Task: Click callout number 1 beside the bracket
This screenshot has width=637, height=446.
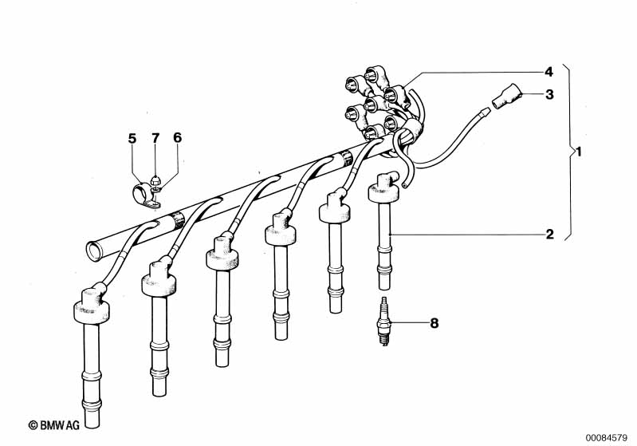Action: point(580,152)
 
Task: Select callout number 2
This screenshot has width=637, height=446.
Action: point(549,235)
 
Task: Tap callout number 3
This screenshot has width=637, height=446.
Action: point(549,95)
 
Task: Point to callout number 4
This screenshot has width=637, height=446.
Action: point(549,72)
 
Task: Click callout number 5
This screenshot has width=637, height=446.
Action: point(132,138)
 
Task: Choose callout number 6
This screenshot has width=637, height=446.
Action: point(178,138)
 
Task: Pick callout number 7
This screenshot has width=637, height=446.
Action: point(155,138)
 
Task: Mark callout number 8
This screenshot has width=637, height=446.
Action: point(434,323)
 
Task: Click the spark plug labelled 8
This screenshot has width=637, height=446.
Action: point(384,322)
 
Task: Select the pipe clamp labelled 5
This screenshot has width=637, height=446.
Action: point(145,196)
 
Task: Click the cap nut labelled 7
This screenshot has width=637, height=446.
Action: point(155,180)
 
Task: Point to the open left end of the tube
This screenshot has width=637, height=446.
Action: point(94,251)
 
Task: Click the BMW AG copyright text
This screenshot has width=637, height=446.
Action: point(54,425)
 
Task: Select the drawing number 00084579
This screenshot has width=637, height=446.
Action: point(606,438)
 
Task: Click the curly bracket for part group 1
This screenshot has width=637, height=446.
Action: point(570,152)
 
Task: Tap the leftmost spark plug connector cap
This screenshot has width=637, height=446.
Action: point(92,304)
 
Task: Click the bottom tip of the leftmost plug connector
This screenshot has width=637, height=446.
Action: point(92,425)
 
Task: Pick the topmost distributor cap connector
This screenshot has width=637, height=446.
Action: point(372,75)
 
